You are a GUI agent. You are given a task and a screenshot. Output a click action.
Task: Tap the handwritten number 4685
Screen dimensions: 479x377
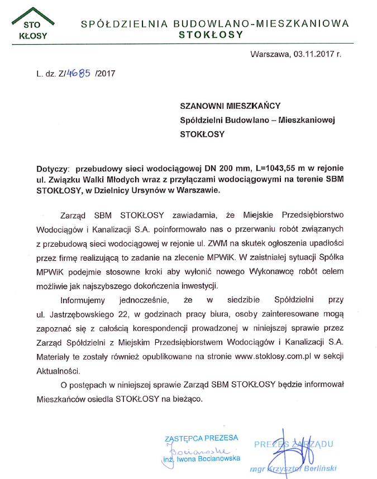(x=79, y=73)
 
